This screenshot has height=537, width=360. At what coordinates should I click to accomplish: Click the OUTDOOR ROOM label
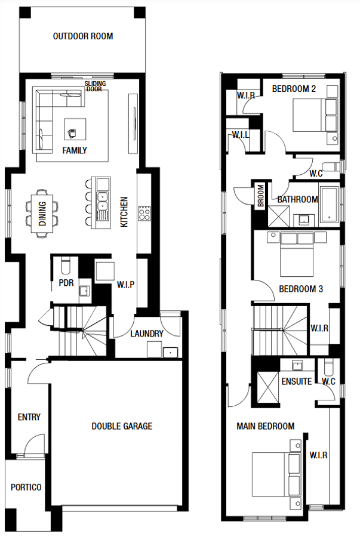[x=83, y=36]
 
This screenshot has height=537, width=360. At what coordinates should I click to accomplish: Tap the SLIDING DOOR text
[x=95, y=87]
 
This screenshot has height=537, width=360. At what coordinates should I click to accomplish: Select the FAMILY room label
[x=75, y=150]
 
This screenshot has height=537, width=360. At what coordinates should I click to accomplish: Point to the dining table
[x=42, y=214]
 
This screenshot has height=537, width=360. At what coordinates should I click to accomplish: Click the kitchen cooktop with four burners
[x=144, y=214]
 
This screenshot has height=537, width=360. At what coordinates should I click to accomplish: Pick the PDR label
[x=66, y=283]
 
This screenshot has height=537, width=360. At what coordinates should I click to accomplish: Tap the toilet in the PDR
[x=64, y=267]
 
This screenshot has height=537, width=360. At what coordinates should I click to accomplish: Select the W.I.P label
[x=126, y=285]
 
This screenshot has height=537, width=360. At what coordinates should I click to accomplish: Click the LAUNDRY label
[x=147, y=334]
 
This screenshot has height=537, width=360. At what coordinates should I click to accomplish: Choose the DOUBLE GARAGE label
[x=122, y=427]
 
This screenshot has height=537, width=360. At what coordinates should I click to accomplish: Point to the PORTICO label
[x=26, y=487]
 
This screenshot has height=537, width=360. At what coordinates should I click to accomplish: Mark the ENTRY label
[x=29, y=417]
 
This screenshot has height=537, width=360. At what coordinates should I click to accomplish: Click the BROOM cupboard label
[x=261, y=196]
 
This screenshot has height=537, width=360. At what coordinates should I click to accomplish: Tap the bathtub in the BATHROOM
[x=329, y=205]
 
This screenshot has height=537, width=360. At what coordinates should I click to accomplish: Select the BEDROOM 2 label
[x=294, y=89]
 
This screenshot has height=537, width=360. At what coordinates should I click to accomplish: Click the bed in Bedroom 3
[x=297, y=254]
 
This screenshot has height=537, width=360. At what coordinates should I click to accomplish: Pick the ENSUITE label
[x=297, y=381]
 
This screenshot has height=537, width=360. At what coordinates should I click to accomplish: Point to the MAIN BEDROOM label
[x=266, y=427]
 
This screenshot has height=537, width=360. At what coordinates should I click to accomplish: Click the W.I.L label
[x=241, y=135]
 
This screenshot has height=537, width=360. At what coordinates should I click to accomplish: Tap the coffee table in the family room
[x=75, y=129]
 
